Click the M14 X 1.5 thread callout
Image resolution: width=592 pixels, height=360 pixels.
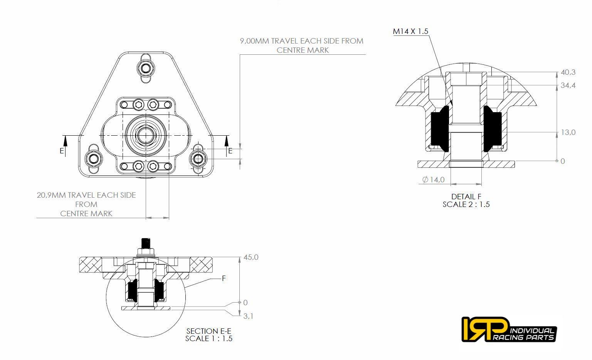[410, 31]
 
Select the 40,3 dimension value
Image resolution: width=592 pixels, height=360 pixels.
[568, 72]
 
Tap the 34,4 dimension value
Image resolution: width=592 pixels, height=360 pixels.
[568, 85]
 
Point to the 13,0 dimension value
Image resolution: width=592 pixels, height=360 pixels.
[568, 132]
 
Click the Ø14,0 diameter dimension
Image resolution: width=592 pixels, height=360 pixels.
[433, 179]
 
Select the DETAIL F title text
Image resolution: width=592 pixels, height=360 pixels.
[466, 197]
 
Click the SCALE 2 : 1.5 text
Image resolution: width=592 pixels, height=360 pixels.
[466, 204]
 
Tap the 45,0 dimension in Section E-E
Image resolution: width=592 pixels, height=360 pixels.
[251, 257]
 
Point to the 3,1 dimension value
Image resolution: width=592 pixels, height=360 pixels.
[248, 316]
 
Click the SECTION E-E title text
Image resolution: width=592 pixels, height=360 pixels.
[209, 331]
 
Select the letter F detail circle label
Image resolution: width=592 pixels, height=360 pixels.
[224, 278]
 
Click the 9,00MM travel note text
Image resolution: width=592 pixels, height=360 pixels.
[302, 45]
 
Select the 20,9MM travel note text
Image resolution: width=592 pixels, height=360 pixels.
[86, 204]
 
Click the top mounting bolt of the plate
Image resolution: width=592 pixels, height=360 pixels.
[146, 69]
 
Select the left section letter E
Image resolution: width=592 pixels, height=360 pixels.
[62, 151]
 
